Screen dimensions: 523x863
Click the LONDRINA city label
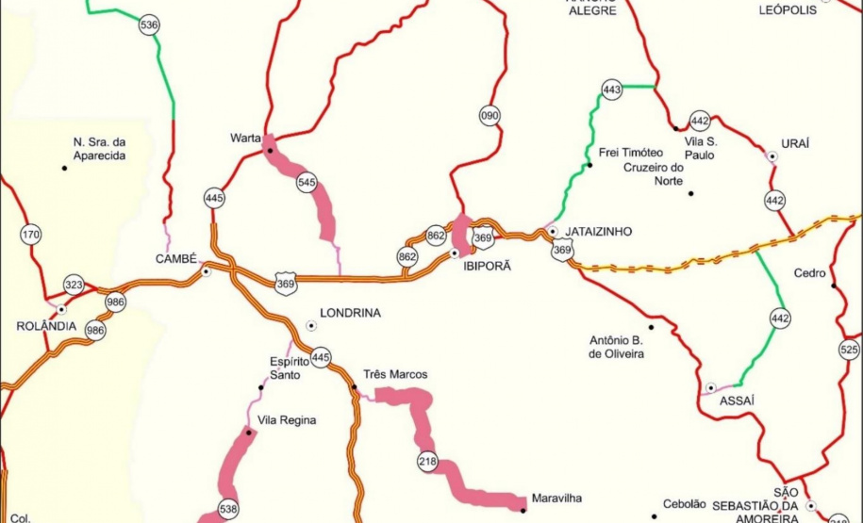pyautogui.click(x=351, y=313)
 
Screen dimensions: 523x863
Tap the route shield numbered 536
pyautogui.click(x=148, y=25)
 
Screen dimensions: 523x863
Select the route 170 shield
pyautogui.click(x=31, y=235)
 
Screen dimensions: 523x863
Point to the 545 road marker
pyautogui.click(x=307, y=183)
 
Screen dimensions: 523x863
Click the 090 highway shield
pyautogui.click(x=490, y=117)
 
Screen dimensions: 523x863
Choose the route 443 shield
pyautogui.click(x=611, y=90)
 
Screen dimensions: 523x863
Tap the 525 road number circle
pyautogui.click(x=849, y=351)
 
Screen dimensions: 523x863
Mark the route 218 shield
pyautogui.click(x=428, y=461)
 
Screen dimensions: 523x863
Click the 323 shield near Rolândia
pyautogui.click(x=74, y=284)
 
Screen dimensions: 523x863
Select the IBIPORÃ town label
pyautogui.click(x=487, y=267)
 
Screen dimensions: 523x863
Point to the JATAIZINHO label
pyautogui.click(x=598, y=232)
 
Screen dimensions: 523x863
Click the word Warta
pyautogui.click(x=245, y=138)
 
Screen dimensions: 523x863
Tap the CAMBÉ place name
pyautogui.click(x=176, y=259)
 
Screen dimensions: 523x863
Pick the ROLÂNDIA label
pyautogui.click(x=46, y=326)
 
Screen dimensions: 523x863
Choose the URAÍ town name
pyautogui.click(x=796, y=143)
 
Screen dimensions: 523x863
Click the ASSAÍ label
pyautogui.click(x=738, y=400)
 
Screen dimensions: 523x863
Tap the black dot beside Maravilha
pyautogui.click(x=523, y=511)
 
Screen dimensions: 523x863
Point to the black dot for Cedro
pyautogui.click(x=834, y=285)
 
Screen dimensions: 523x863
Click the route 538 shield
pyautogui.click(x=228, y=509)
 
